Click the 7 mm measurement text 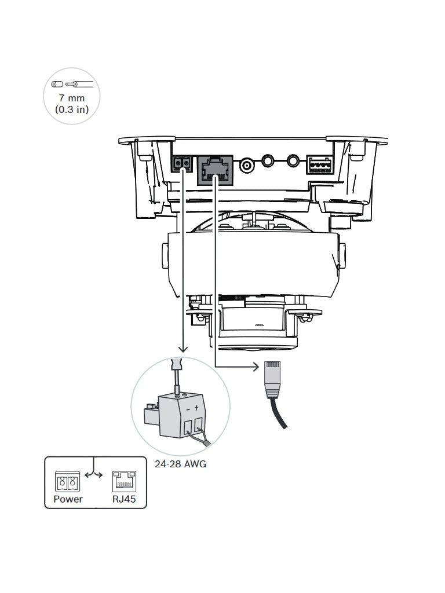[x=72, y=98]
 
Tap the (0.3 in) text [x=72, y=109]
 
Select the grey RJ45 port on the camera [x=214, y=170]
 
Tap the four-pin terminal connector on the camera [x=319, y=165]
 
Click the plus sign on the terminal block [x=196, y=408]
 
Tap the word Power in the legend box [x=68, y=499]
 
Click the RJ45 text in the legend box [x=124, y=499]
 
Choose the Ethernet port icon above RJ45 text [x=124, y=481]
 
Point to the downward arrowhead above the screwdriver [x=183, y=349]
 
